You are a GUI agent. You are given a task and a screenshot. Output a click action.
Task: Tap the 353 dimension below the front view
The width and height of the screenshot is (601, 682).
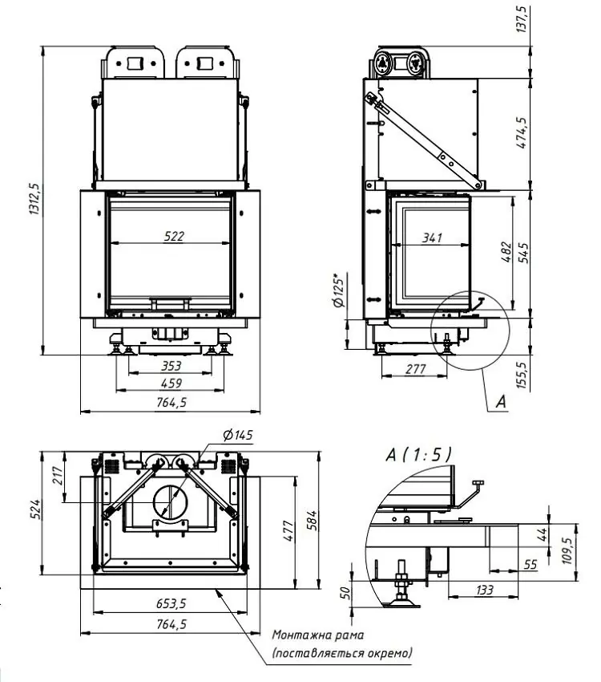171,366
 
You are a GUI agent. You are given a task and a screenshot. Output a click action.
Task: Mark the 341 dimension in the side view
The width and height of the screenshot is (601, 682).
432,238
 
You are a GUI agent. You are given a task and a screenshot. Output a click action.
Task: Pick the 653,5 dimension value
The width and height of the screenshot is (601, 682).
169,603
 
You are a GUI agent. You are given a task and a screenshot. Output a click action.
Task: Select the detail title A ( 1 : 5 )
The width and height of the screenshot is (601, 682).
417,455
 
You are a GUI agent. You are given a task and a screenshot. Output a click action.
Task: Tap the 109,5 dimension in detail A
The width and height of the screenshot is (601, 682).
570,552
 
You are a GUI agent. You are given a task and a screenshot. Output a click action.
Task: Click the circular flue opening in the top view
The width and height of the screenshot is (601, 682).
169,503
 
